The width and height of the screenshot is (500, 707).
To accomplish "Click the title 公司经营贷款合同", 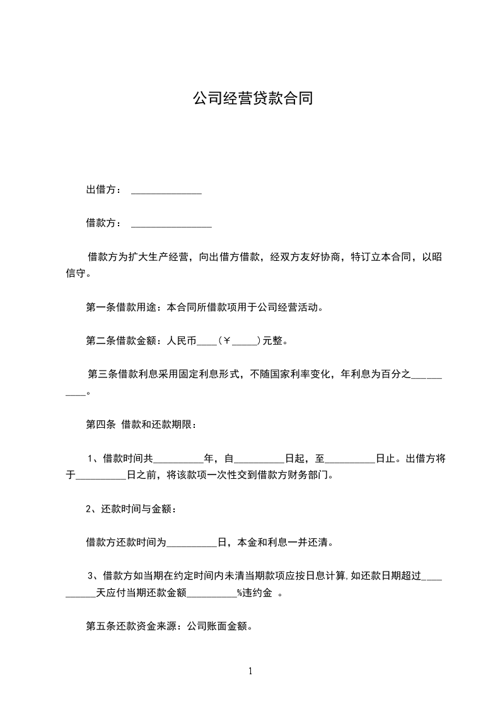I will pyautogui.click(x=252, y=99).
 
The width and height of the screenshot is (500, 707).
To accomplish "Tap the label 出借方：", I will pyautogui.click(x=103, y=189).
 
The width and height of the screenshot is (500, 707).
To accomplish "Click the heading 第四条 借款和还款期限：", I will pyautogui.click(x=141, y=424).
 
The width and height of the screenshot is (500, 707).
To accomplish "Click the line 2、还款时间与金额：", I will pyautogui.click(x=131, y=509).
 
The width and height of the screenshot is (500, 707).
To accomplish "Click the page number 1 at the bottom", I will pyautogui.click(x=250, y=672).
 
